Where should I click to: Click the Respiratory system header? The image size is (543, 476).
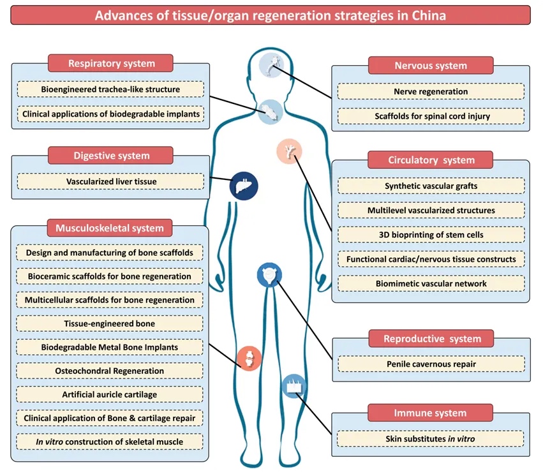[x=111, y=63]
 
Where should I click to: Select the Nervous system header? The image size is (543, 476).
[x=431, y=65]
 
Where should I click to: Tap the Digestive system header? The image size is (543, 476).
[x=111, y=155]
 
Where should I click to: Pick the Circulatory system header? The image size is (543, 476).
[x=431, y=160]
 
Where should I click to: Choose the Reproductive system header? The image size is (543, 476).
[x=431, y=338]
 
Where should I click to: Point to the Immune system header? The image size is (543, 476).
[x=431, y=413]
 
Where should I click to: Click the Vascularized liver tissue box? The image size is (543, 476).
[x=111, y=182]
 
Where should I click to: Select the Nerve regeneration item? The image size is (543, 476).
[x=431, y=92]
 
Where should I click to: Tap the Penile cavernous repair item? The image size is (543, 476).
[x=431, y=364]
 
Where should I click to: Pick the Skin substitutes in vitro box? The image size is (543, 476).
[x=431, y=439]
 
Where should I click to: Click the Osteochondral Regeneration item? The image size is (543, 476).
[x=110, y=371]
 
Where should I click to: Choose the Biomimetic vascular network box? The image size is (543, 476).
[x=431, y=283]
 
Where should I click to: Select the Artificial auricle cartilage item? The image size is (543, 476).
[x=110, y=394]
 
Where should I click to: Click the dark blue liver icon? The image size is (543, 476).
[x=243, y=186]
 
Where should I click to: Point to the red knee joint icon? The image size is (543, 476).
[x=248, y=359]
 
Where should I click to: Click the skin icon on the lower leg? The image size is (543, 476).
[x=294, y=387]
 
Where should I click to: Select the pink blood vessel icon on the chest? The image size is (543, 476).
[x=289, y=151]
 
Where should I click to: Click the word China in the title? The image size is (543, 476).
[x=424, y=15]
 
